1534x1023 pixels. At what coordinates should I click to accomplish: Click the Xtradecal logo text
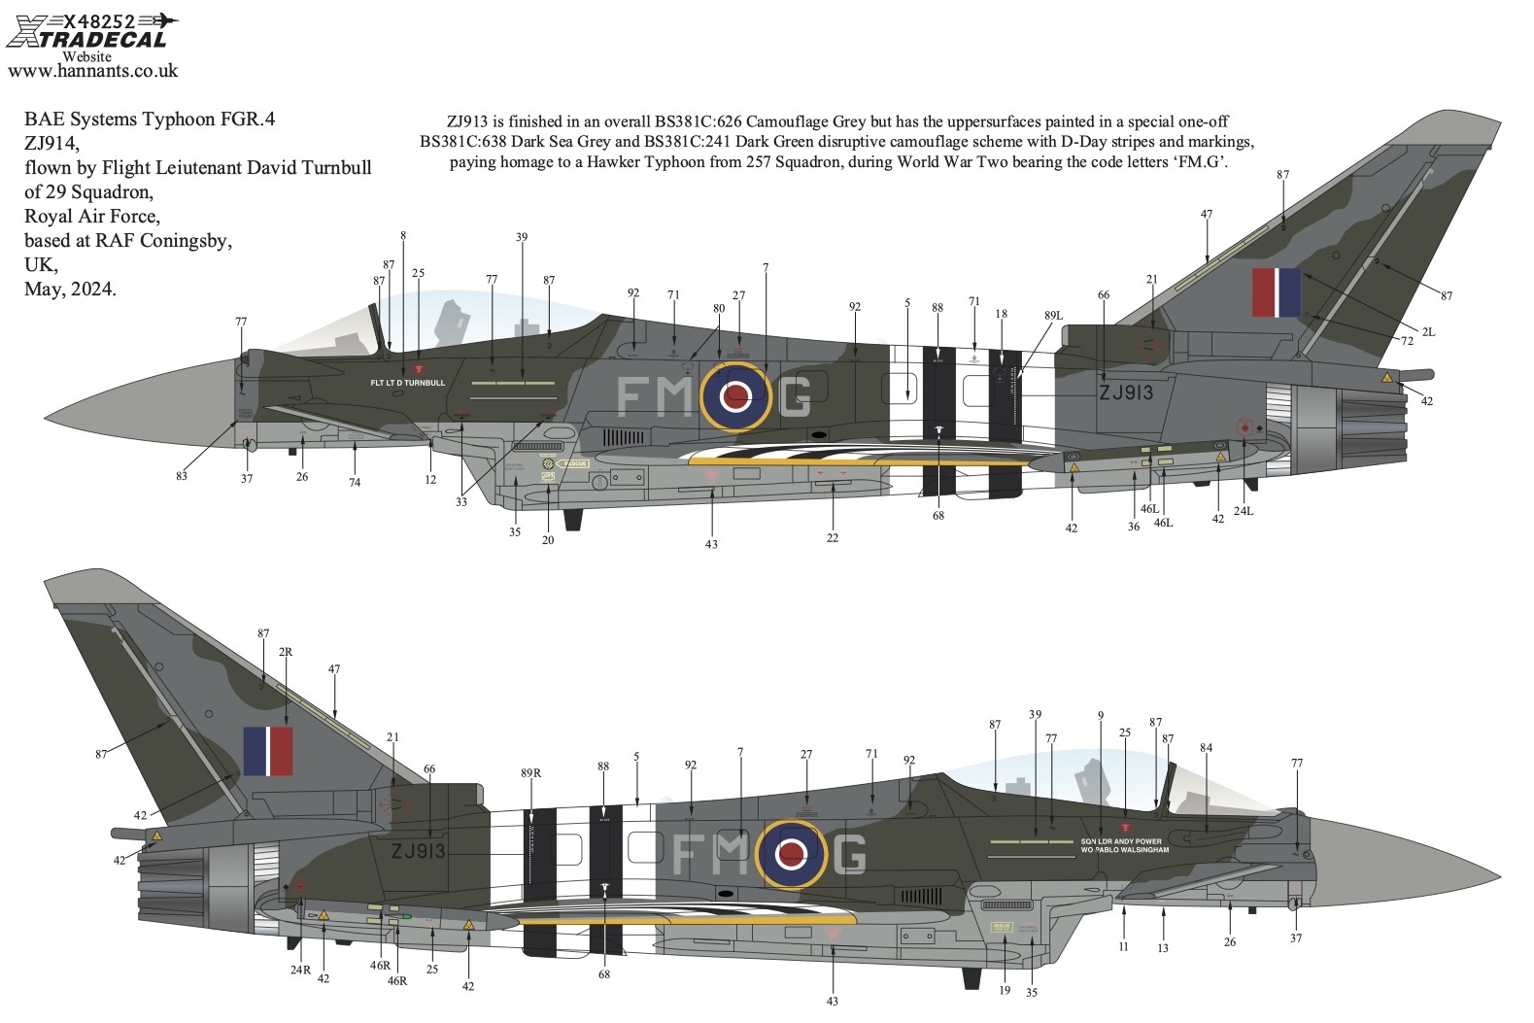click(x=86, y=39)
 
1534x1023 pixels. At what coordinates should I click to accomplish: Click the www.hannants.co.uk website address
click(x=92, y=70)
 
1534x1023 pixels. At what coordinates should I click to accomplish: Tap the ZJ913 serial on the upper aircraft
click(x=1125, y=392)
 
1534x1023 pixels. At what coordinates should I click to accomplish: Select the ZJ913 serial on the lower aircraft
click(x=418, y=851)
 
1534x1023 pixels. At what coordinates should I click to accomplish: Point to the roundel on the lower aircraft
click(x=792, y=854)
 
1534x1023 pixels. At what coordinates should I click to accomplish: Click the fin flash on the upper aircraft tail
click(x=1276, y=292)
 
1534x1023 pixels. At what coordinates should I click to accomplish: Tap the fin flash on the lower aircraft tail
click(x=267, y=751)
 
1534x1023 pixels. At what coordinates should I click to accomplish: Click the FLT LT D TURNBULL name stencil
click(x=407, y=383)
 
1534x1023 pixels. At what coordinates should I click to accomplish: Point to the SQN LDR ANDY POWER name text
click(x=1120, y=841)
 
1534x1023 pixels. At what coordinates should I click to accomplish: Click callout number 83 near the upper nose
click(x=182, y=476)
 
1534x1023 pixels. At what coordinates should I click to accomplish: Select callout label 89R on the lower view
click(x=530, y=773)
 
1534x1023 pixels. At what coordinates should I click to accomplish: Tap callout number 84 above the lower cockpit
click(x=1206, y=748)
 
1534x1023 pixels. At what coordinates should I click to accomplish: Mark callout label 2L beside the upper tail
click(x=1427, y=332)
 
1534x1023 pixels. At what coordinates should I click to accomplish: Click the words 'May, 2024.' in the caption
click(x=70, y=289)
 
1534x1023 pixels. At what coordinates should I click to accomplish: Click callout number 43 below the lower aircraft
click(x=832, y=1001)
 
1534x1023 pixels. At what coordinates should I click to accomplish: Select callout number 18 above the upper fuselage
click(x=1001, y=314)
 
